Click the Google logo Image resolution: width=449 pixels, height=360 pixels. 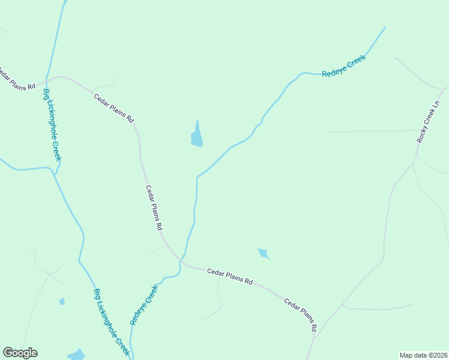[x=20, y=353]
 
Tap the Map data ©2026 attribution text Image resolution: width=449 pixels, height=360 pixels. [x=423, y=355]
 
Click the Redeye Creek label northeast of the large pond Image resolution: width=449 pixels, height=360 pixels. [x=344, y=67]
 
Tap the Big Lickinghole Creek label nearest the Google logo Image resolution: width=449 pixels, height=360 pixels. [x=112, y=322]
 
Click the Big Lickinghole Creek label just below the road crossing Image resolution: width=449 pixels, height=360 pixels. [x=52, y=125]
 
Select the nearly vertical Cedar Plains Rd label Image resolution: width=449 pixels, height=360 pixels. [x=154, y=208]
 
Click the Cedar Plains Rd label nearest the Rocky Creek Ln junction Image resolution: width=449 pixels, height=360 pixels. [x=300, y=315]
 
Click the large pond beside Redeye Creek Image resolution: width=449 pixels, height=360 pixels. [x=196, y=134]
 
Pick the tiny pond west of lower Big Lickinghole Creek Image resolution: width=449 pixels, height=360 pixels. [x=62, y=301]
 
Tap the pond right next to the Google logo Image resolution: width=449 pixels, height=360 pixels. [x=76, y=355]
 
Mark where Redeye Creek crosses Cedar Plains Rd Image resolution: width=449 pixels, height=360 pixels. [x=180, y=260]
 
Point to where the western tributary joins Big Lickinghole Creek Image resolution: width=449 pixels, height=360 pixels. [x=55, y=171]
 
